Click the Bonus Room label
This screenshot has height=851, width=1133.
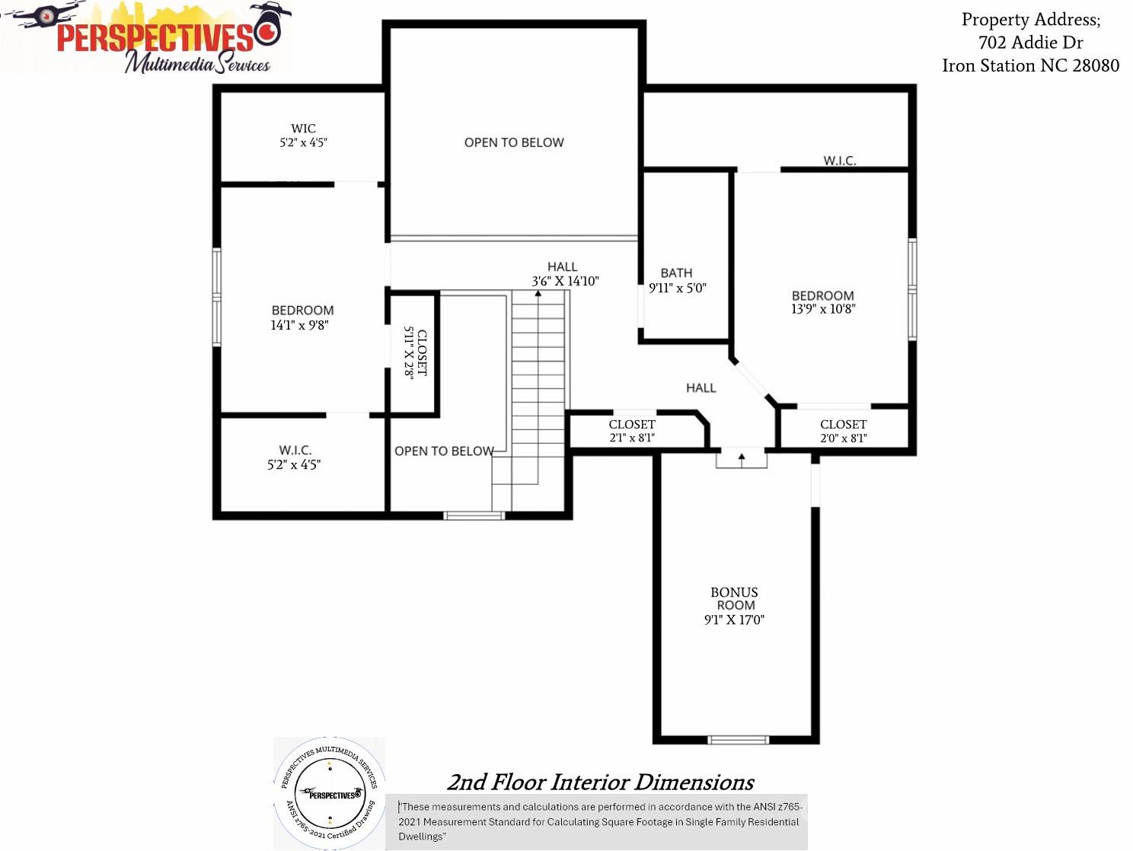coord(734,599)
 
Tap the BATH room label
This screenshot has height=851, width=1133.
coord(676,273)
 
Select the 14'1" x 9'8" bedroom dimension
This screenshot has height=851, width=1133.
coord(299,325)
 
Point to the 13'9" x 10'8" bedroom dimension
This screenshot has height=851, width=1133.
coord(823,309)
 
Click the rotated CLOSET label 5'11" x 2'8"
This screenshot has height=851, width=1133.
coord(415,352)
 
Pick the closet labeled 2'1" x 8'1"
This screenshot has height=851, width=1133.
coord(632,431)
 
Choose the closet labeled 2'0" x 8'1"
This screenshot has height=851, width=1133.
coord(843,431)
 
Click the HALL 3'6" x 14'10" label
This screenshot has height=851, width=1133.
coord(564,274)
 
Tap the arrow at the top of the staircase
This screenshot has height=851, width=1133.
coord(538,294)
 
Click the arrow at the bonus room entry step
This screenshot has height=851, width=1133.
coord(742,457)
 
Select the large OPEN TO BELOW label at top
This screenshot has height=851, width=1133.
coord(514,142)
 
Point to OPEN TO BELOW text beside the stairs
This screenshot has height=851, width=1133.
coord(444,451)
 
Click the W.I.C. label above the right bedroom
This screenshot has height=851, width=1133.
coord(839,161)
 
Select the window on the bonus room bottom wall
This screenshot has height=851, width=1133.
coord(738,740)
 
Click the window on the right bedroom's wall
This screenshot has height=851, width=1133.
coord(912,289)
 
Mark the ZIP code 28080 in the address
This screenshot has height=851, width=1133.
coord(1096,65)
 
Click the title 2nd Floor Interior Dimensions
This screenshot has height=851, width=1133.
coord(600,782)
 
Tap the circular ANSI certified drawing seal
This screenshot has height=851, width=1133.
coord(330,792)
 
